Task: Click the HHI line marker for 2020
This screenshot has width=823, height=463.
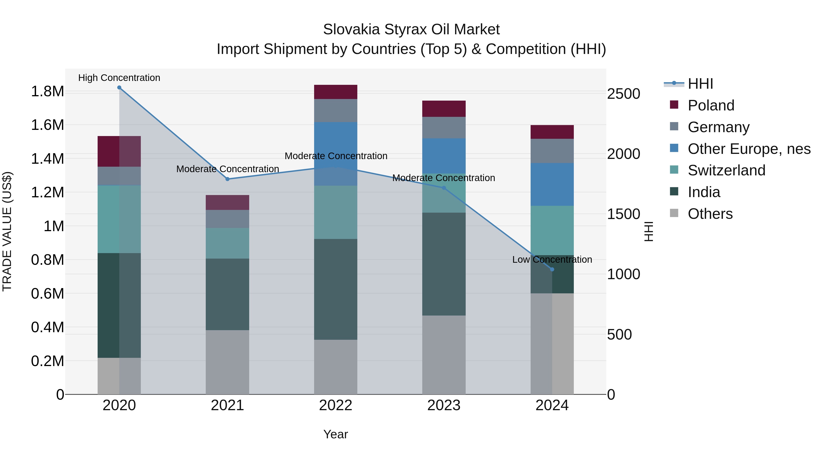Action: click(x=119, y=87)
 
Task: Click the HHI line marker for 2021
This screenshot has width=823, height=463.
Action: click(x=227, y=179)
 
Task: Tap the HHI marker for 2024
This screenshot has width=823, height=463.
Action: click(x=552, y=269)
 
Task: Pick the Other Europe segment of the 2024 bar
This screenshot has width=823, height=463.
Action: click(x=552, y=184)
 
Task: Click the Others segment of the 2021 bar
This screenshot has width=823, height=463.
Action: click(x=227, y=362)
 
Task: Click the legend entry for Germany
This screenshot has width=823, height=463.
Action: click(x=719, y=127)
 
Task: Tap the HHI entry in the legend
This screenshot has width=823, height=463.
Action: click(x=700, y=84)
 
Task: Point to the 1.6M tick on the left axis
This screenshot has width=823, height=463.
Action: click(x=47, y=125)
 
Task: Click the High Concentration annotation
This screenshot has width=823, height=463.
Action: click(x=119, y=78)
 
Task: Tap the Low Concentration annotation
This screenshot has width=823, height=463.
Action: click(x=552, y=260)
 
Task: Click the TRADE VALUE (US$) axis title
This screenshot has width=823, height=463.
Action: click(x=7, y=231)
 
